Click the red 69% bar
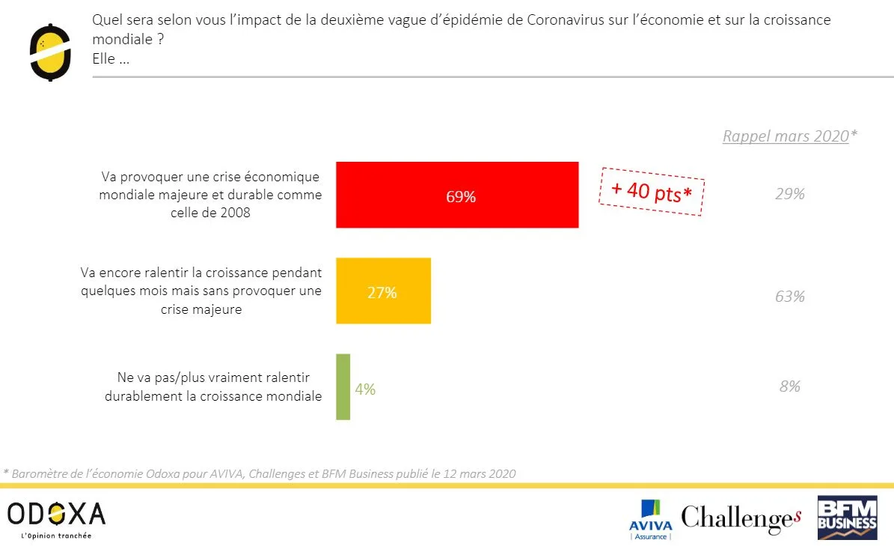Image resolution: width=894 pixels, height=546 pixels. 457,195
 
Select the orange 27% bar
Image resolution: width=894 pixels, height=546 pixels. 383,291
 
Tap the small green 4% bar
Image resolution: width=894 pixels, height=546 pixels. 343,386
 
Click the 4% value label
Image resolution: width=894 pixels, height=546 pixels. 365,389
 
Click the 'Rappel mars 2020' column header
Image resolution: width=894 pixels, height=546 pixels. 786,136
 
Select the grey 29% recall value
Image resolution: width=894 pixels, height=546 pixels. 789,194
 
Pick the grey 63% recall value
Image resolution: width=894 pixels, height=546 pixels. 789,297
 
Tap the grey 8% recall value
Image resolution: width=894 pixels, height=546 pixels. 789,386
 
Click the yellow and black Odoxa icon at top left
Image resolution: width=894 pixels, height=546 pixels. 50,51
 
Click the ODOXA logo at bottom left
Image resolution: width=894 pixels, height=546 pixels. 56,514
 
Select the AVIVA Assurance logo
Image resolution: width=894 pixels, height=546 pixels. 651,519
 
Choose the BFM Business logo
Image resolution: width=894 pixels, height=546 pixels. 847,518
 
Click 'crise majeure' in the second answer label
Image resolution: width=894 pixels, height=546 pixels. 201,309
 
